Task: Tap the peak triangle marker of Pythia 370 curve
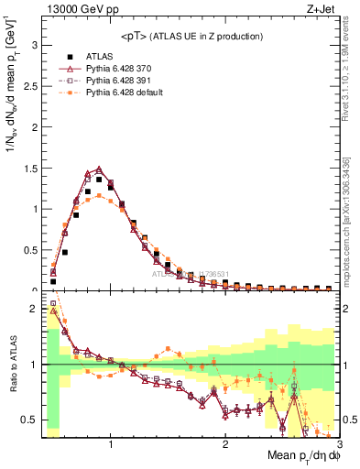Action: click(x=99, y=169)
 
